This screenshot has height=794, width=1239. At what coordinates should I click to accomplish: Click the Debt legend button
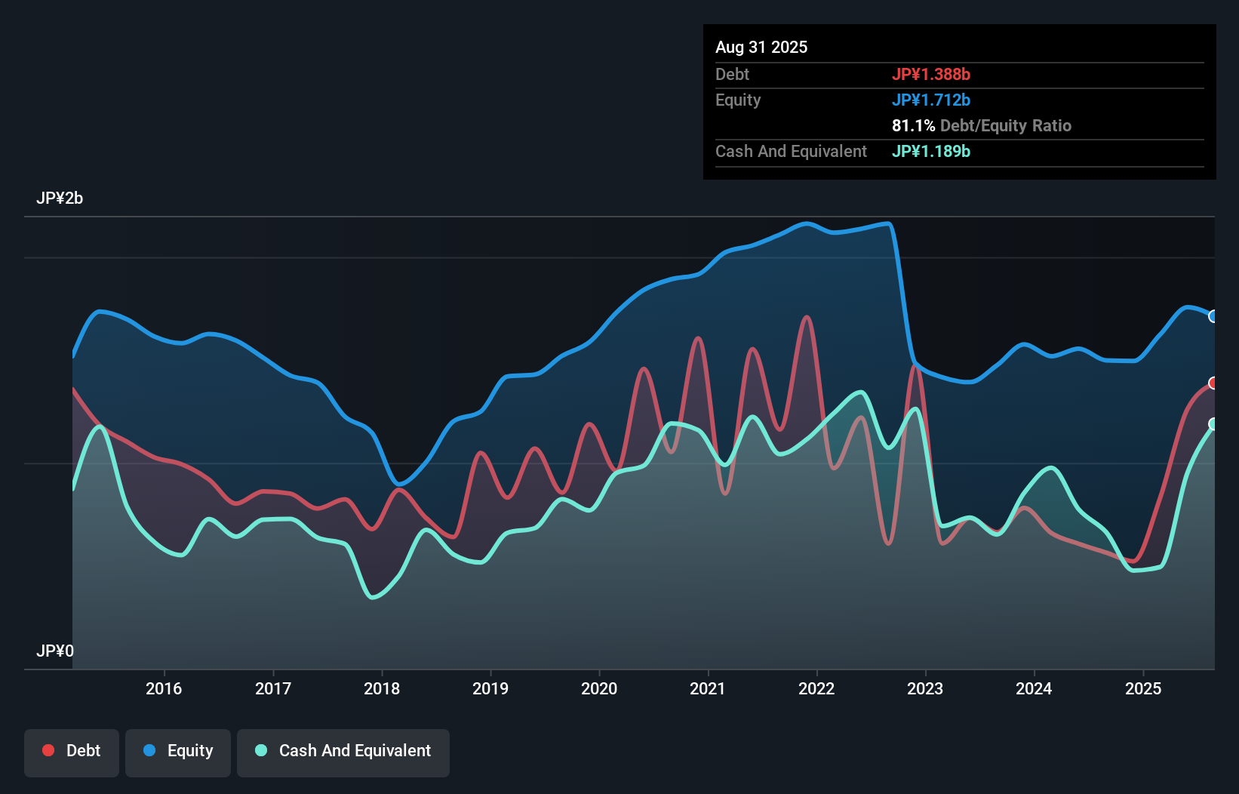(72, 751)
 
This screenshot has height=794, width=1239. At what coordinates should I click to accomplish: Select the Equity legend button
(178, 751)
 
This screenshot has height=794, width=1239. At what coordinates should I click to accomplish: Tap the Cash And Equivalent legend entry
(343, 751)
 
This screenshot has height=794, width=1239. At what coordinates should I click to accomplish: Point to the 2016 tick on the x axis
(164, 688)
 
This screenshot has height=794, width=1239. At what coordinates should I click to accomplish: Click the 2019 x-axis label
(490, 688)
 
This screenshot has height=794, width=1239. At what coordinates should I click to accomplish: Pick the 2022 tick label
(816, 688)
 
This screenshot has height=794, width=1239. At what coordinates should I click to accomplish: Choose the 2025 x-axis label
(1143, 688)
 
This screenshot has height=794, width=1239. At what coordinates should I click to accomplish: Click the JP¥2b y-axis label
(60, 198)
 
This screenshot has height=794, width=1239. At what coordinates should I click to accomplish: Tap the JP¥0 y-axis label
(55, 651)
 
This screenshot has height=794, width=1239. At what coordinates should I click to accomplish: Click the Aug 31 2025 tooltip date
(761, 48)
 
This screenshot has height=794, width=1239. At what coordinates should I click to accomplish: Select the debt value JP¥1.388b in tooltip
(931, 74)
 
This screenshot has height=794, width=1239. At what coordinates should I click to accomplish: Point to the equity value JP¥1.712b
(931, 100)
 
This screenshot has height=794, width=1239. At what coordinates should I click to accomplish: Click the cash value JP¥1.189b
(931, 151)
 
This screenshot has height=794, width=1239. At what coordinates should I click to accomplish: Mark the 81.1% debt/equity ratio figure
(913, 125)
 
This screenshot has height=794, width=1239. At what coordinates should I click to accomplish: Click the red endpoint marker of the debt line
(1213, 383)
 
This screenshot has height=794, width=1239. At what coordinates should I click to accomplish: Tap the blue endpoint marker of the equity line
(1213, 316)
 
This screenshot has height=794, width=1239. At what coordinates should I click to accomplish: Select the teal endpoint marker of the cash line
(1213, 424)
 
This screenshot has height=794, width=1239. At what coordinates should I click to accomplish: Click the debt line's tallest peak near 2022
(807, 318)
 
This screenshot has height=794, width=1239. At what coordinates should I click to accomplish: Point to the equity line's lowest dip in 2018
(399, 484)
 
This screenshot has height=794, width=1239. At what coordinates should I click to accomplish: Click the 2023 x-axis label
(925, 688)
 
